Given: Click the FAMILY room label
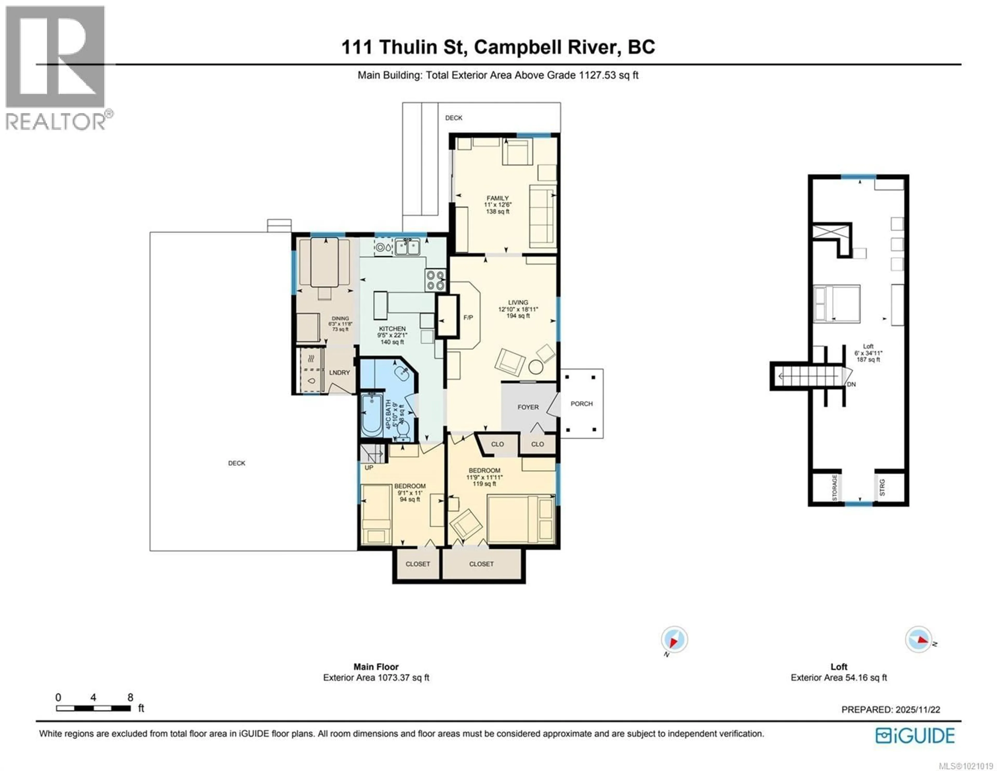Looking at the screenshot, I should point(497,198).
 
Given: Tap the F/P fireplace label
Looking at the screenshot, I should point(468,317).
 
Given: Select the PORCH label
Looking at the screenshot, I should point(581,404).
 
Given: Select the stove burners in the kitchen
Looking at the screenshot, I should point(435,280).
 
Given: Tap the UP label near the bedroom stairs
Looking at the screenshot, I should point(369,467).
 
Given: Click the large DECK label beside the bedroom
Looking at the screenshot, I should point(237,463).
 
